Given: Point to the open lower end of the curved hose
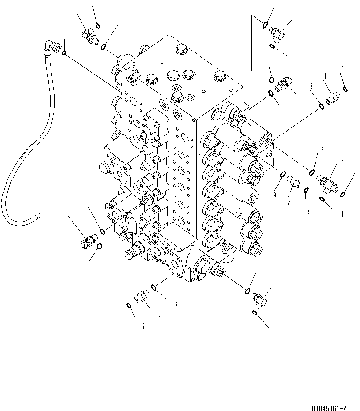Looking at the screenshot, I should pos(38,215).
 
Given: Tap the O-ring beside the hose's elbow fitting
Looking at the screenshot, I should pos(64,52).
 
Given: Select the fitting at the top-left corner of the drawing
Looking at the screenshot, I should pos(88,34).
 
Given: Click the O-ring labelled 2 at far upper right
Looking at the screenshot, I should pos(345,90).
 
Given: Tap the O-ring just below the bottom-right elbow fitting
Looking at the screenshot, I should pos(254,312).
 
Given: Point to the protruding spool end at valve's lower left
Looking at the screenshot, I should pos(130,254).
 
